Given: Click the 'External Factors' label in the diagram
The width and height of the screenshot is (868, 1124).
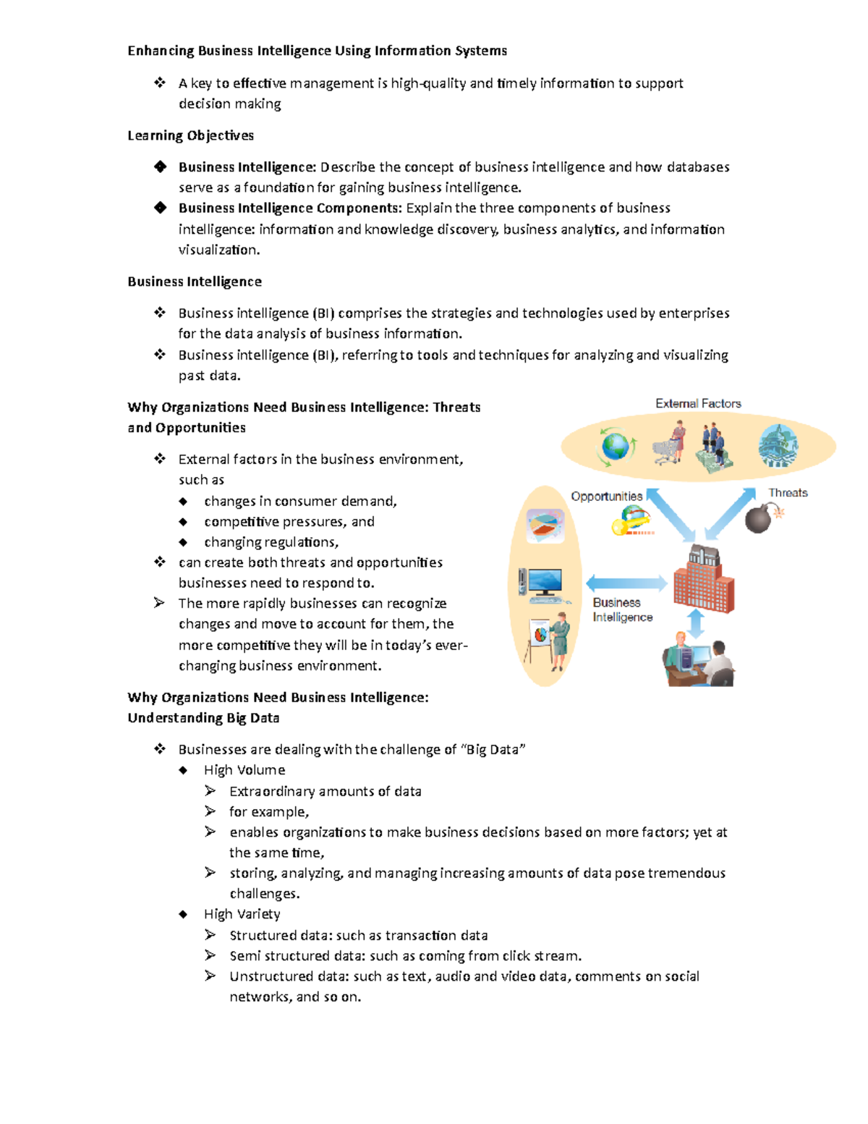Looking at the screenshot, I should (698, 404).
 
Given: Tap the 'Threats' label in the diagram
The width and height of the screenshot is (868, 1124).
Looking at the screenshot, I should (788, 493).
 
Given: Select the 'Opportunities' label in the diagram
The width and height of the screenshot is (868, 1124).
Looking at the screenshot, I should (606, 496).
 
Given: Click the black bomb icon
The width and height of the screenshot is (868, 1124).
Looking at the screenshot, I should (759, 519).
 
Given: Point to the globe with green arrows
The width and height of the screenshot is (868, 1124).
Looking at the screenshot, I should (616, 446).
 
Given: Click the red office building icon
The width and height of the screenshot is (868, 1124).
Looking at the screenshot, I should (703, 580).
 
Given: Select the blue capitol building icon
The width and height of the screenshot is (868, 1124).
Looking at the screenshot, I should (778, 445).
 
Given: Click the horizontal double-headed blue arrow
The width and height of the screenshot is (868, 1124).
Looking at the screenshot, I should (626, 583).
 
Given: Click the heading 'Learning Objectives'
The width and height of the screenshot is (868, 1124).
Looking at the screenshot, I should (190, 135).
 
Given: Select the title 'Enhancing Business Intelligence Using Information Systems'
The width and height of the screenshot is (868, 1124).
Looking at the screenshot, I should (317, 51).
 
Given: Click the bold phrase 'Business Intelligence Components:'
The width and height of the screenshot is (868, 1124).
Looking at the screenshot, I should (290, 208).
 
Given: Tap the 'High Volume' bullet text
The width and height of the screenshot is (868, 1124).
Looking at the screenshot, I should (244, 770).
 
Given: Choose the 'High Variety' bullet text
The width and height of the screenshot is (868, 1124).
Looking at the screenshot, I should (242, 914).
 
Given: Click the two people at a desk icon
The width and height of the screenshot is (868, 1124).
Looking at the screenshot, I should (698, 660).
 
